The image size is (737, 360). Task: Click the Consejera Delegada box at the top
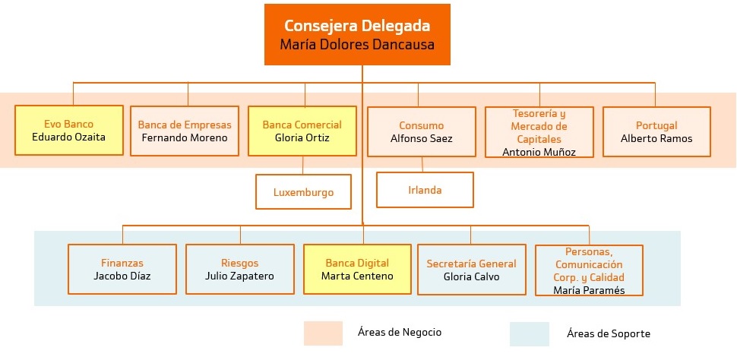point(357,34)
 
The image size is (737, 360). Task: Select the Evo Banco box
point(69,131)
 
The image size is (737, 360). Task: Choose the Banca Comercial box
point(302,131)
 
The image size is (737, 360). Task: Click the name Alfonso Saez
point(421,139)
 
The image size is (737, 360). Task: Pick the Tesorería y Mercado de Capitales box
point(539,131)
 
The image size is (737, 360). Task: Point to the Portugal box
point(656,131)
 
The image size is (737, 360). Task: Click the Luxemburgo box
point(304,192)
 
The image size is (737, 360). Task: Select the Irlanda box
point(425,190)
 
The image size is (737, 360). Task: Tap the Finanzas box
point(122,269)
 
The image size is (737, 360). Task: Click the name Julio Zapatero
point(239,276)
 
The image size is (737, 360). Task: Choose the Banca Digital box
point(357,269)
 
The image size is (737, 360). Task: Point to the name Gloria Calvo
point(471,276)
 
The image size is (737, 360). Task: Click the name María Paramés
point(590,290)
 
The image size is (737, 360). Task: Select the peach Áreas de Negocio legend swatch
point(323,333)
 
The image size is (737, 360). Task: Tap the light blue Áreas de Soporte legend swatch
point(530,334)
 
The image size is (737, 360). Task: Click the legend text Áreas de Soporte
point(609,334)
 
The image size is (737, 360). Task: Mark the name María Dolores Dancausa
point(357,45)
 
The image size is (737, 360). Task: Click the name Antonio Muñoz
point(539,152)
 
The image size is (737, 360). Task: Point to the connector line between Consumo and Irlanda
point(422,164)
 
